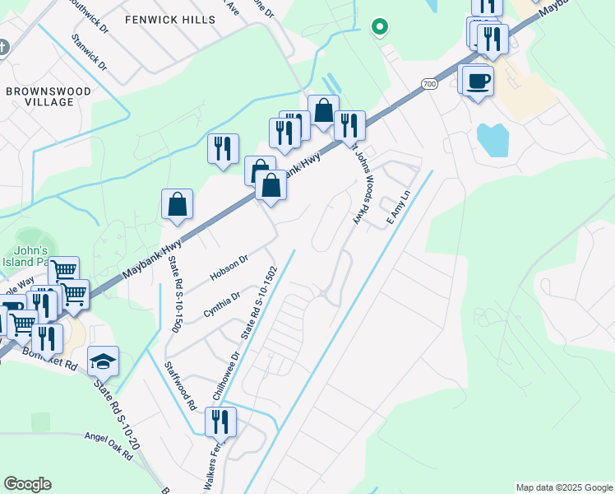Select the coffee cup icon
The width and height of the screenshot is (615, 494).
click(x=478, y=82)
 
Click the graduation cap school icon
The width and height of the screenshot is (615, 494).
click(x=104, y=361)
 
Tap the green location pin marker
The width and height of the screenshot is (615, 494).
click(x=379, y=27)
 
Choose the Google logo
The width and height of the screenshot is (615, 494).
click(x=27, y=484)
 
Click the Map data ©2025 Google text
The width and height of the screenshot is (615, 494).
click(x=563, y=487)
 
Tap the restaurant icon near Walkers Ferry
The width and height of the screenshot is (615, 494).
click(x=220, y=422)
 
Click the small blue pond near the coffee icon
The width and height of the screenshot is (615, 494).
click(x=492, y=140)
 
